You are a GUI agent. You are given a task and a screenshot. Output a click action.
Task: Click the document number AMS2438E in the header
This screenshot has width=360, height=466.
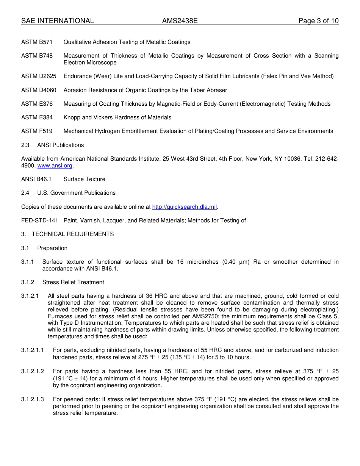coord(180,21)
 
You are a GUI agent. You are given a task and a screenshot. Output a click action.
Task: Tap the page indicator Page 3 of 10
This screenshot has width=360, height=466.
coord(318,21)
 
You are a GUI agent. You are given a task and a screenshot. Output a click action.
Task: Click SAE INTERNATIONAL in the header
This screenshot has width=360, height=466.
coord(58,21)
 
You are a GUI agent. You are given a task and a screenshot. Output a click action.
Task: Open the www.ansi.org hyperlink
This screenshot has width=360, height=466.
coord(55,166)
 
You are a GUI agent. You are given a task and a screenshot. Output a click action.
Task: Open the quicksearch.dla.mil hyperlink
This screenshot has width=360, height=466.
coord(185,207)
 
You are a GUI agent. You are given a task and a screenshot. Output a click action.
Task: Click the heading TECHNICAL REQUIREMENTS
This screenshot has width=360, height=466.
coord(73,234)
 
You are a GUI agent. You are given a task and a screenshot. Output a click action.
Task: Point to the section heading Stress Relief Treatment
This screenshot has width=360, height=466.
coord(73,282)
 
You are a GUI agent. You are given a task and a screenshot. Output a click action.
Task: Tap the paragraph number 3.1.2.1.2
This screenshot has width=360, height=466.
coord(33,371)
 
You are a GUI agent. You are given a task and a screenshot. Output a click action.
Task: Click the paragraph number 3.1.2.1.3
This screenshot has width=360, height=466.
coord(33,399)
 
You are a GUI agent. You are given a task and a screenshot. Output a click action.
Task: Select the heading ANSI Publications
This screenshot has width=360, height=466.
coord(61,145)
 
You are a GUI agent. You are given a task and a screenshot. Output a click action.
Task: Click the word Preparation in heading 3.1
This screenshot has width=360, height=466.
coord(52,248)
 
